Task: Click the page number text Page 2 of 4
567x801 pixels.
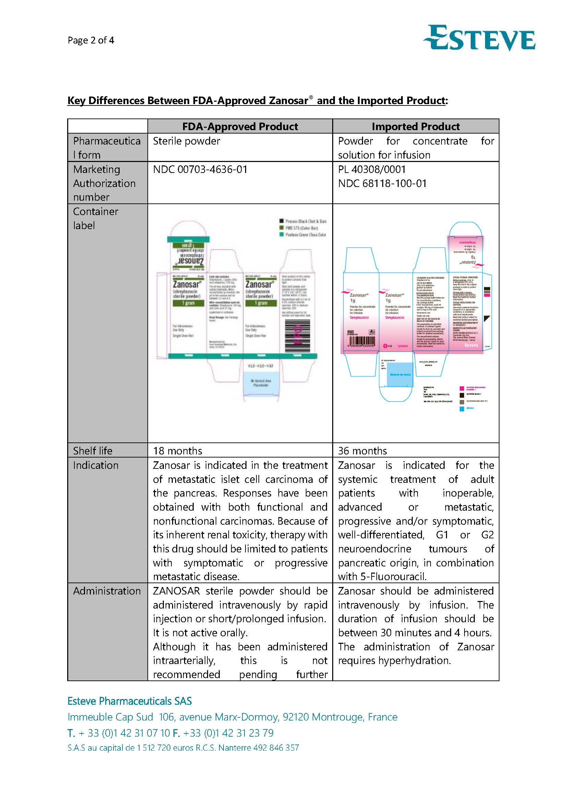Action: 91,40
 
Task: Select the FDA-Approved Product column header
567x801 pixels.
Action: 240,126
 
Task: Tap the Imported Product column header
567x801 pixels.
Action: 415,126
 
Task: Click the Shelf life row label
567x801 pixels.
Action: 93,451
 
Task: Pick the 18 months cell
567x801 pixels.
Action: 177,451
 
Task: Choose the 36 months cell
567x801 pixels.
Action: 362,451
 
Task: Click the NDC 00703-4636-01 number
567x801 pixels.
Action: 200,170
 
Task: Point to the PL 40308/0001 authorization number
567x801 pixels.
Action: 372,170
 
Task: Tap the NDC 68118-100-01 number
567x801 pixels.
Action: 382,184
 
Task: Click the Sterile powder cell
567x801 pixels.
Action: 186,141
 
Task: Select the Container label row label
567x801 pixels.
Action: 95,218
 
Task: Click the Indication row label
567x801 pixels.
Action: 96,465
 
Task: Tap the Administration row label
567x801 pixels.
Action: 107,591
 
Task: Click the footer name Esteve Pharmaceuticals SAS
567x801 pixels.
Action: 130,701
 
